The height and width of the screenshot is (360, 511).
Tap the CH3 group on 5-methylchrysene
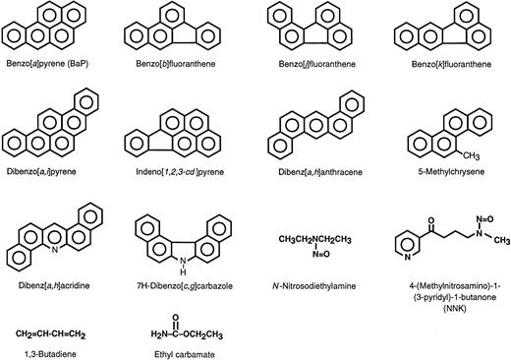click(483, 153)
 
